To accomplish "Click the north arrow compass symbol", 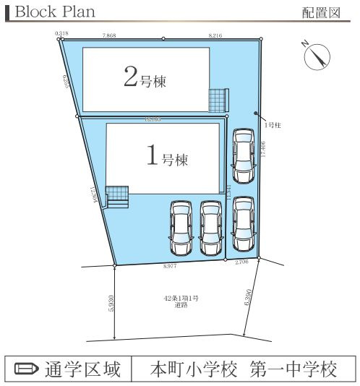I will tap(316, 56).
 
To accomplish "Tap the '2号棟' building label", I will tap(145, 79).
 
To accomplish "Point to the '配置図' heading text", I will tap(321, 13).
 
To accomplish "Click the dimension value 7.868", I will tap(109, 34).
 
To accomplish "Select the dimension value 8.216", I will tap(215, 34).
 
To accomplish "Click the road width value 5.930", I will tap(111, 301).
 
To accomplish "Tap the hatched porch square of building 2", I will tap(218, 100).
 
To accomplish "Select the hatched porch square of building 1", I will tap(116, 194).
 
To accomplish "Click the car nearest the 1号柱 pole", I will tap(243, 155).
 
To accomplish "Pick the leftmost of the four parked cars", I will tap(181, 228).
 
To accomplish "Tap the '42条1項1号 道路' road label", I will tap(180, 301).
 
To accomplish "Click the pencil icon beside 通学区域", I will tap(26, 369).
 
